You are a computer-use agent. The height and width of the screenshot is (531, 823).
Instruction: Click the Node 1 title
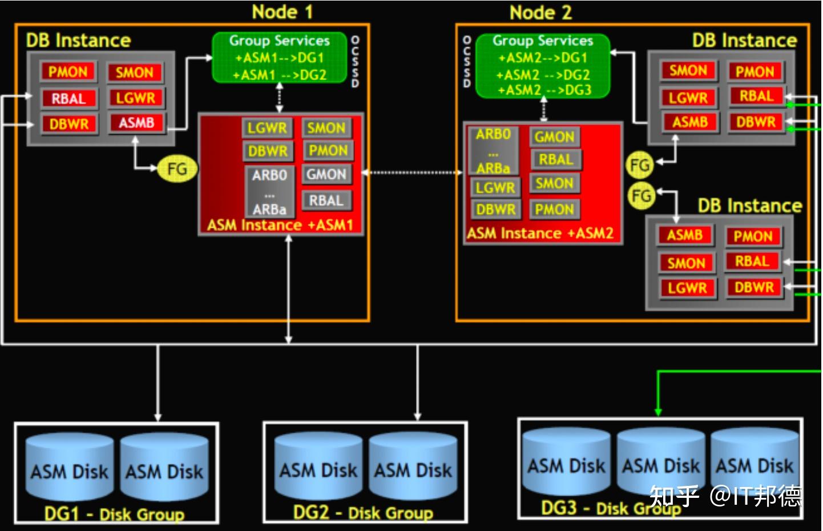point(282,12)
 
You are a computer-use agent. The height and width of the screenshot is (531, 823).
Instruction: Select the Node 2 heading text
point(540,12)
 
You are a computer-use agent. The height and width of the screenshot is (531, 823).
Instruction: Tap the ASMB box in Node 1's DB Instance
point(136,123)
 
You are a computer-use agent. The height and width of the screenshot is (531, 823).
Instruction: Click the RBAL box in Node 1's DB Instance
point(68,98)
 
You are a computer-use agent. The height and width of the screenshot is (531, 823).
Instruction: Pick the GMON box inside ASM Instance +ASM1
point(326,174)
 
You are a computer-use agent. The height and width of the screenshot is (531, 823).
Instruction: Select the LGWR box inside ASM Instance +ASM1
point(267,128)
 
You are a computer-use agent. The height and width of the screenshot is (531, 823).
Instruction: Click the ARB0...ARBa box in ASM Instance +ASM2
point(493,151)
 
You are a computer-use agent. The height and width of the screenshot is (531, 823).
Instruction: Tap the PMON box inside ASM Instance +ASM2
point(554,210)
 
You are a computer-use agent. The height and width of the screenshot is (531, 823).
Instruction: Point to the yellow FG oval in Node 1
point(177,169)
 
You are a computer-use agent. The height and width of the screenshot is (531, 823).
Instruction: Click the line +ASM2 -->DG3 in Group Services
point(544,90)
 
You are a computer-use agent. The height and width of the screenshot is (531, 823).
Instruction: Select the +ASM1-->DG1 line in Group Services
point(280,58)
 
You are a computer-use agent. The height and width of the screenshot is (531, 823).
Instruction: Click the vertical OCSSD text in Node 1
point(356,62)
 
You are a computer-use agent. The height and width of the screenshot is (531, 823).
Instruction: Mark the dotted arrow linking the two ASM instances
point(412,172)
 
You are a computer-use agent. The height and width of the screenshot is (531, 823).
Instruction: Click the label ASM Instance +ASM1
point(280,226)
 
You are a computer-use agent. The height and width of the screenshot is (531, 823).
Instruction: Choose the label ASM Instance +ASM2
point(540,234)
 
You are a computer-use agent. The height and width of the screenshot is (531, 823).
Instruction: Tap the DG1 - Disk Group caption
point(115,514)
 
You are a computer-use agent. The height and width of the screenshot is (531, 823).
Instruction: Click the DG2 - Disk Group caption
point(363,512)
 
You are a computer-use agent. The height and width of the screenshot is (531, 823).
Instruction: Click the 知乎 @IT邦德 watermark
point(725,496)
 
